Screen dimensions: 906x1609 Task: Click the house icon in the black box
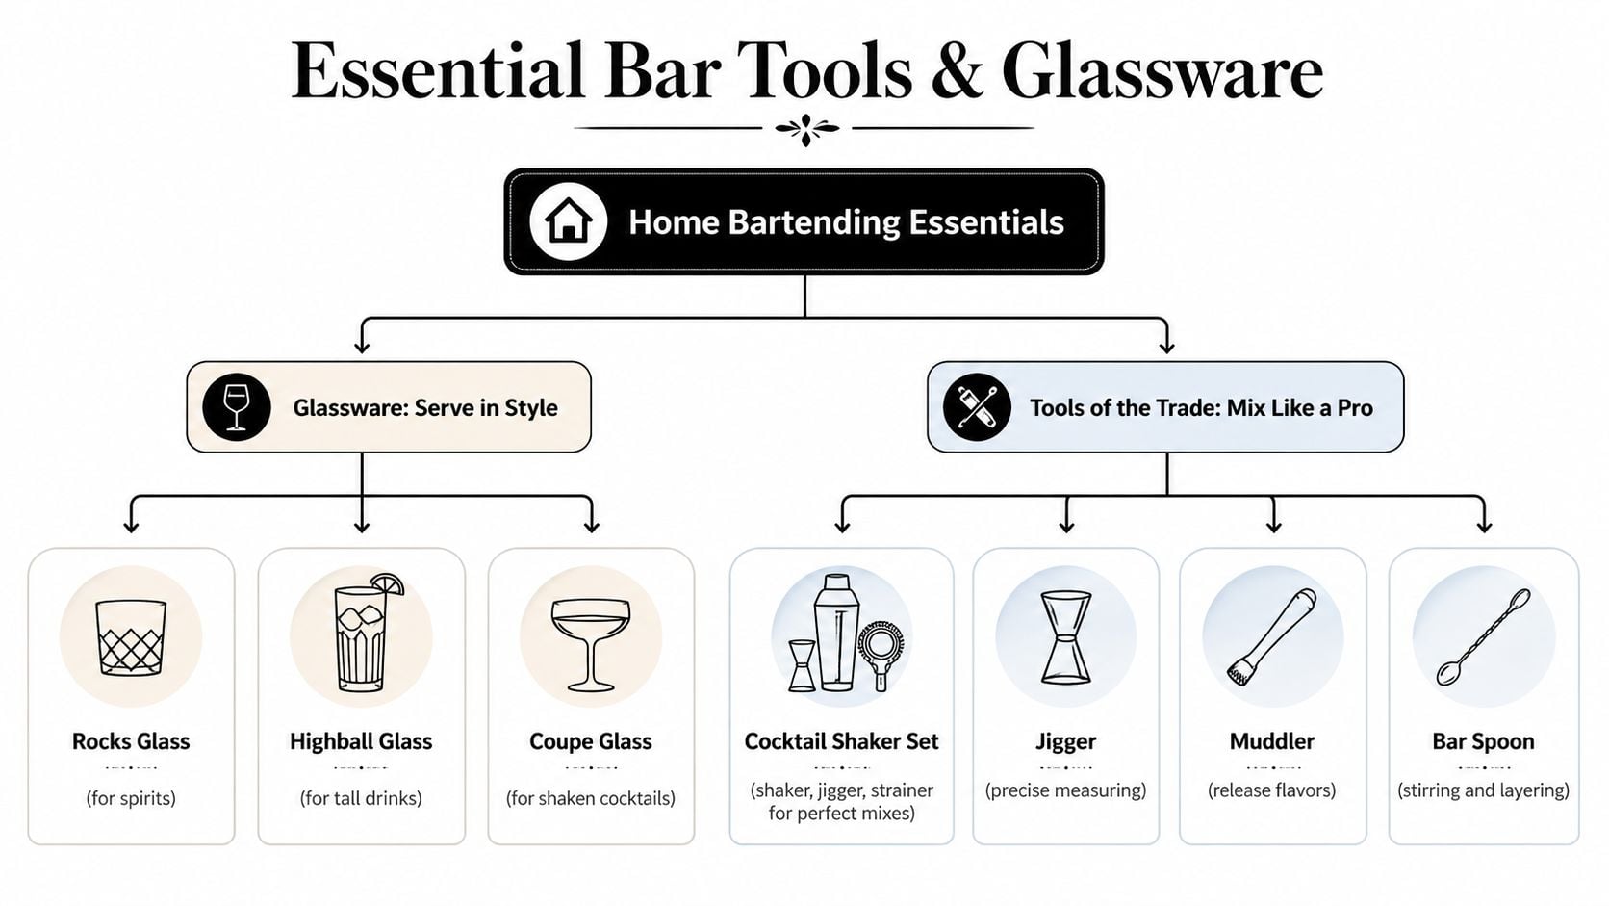pyautogui.click(x=568, y=221)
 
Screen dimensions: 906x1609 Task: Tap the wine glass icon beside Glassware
pyautogui.click(x=236, y=406)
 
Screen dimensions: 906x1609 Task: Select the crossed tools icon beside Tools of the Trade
pyautogui.click(x=977, y=407)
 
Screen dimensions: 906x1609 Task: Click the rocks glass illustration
pyautogui.click(x=131, y=636)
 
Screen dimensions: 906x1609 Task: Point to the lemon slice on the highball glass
pyautogui.click(x=389, y=583)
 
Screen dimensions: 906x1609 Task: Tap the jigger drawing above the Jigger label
pyautogui.click(x=1065, y=636)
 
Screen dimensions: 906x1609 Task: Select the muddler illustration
pyautogui.click(x=1271, y=636)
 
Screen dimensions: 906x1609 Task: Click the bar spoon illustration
pyautogui.click(x=1482, y=636)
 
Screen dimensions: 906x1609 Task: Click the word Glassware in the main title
pyautogui.click(x=1162, y=71)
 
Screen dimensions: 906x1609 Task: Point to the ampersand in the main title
pyautogui.click(x=957, y=73)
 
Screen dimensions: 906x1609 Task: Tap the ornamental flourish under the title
pyautogui.click(x=805, y=128)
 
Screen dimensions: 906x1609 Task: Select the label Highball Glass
pyautogui.click(x=361, y=741)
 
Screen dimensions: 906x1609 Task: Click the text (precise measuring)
pyautogui.click(x=1065, y=790)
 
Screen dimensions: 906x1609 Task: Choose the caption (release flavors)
pyautogui.click(x=1271, y=790)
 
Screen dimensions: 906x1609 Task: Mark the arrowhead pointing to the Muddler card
pyautogui.click(x=1273, y=525)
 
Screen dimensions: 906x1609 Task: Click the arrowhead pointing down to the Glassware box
pyautogui.click(x=362, y=345)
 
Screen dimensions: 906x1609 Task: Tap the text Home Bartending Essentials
pyautogui.click(x=846, y=222)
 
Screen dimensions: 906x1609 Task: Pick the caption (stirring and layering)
pyautogui.click(x=1483, y=790)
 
